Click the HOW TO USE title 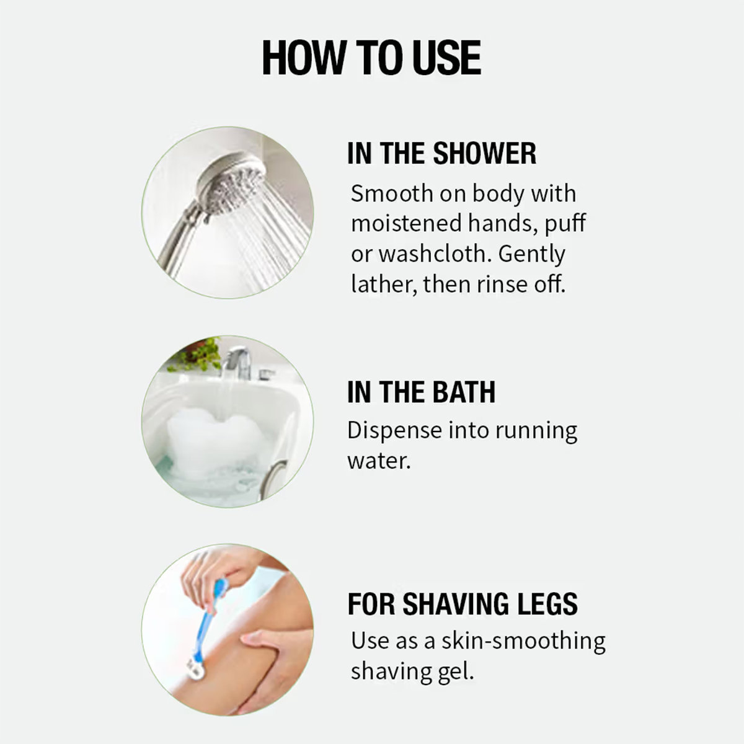(371, 58)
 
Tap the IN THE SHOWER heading (441, 154)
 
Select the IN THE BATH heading (421, 392)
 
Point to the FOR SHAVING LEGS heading (463, 604)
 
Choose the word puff (565, 224)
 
